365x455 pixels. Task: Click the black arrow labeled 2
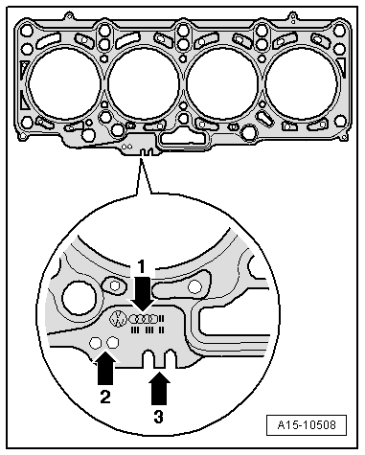105,367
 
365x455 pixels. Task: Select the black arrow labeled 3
159,389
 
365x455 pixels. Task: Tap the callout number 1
141,267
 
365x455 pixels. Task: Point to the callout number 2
105,397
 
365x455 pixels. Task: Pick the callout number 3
158,417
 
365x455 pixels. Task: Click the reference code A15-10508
307,425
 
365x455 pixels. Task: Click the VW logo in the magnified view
117,319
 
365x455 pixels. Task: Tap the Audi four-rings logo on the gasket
144,319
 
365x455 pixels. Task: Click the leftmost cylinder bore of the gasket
65,83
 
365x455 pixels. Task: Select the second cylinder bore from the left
144,83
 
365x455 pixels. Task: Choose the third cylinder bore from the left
222,83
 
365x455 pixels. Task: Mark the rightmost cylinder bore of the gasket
301,83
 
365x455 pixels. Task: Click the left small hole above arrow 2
95,343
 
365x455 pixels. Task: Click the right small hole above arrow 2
112,343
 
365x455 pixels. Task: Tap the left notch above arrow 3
148,358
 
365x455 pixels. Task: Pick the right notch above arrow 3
171,358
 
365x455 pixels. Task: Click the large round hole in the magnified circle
80,298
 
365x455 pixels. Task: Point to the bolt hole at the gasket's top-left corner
27,31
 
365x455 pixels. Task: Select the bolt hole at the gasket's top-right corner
339,31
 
